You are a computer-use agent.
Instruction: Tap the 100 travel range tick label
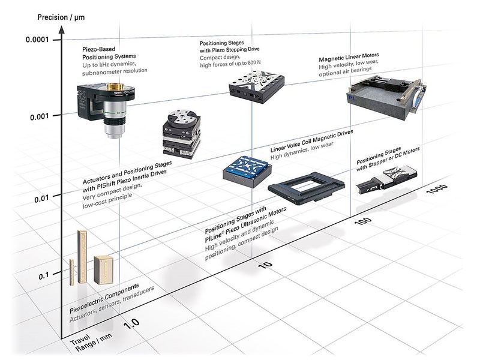pyautogui.click(x=362, y=224)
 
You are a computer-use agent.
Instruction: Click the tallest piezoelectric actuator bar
pyautogui.click(x=83, y=255)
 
